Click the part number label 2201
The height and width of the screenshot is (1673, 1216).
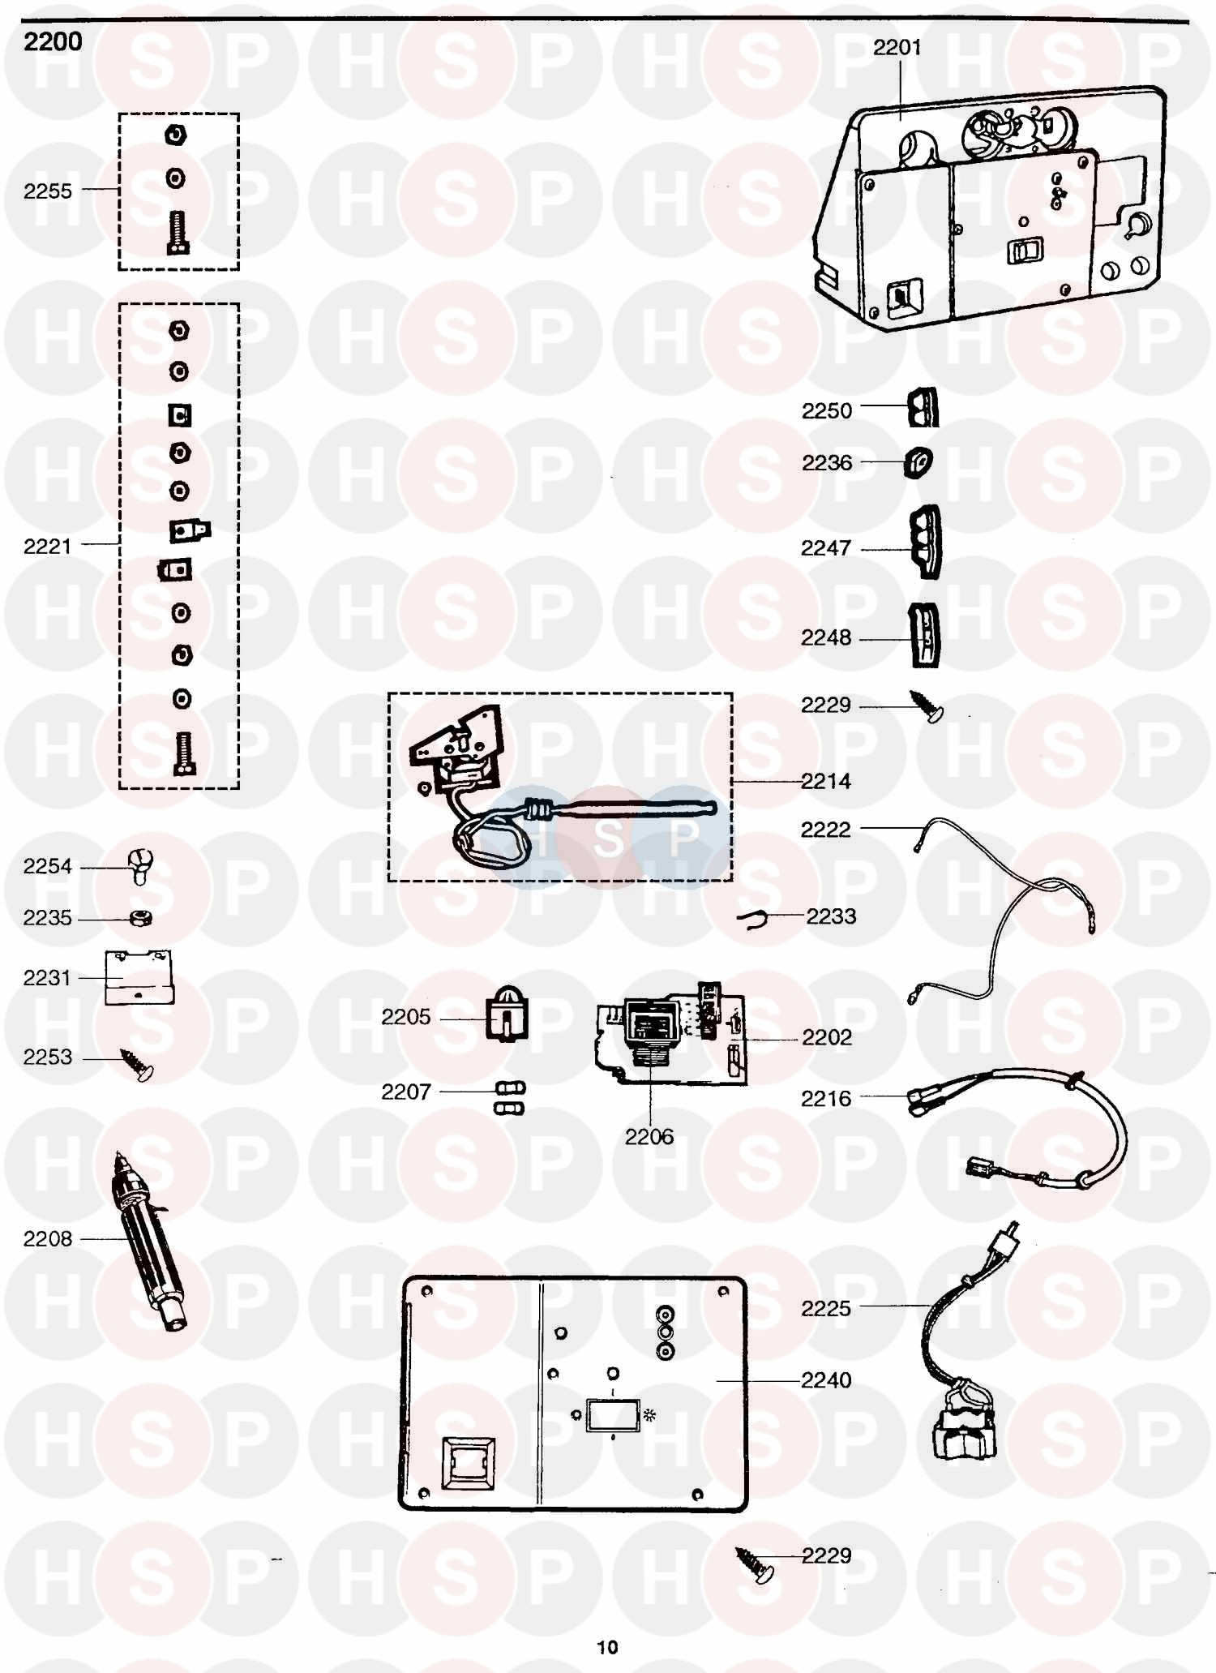(x=897, y=48)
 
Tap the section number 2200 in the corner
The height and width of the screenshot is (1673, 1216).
(x=53, y=41)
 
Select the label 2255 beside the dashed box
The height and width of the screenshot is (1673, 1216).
(x=48, y=191)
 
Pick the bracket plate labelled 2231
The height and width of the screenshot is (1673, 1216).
(x=139, y=977)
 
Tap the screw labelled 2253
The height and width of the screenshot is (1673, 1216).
(x=138, y=1065)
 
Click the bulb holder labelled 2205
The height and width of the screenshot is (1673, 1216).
(x=507, y=1014)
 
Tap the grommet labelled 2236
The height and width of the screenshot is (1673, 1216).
(x=918, y=462)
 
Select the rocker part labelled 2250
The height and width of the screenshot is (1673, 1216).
(x=923, y=407)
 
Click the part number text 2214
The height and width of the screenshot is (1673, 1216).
(x=826, y=781)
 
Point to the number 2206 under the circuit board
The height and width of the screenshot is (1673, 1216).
(x=649, y=1137)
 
